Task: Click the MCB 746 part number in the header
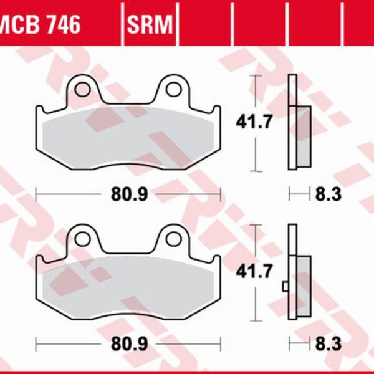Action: [x=41, y=25]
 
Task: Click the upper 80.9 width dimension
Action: [x=130, y=195]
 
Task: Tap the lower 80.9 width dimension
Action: [x=130, y=343]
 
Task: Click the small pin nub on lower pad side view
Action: [x=285, y=286]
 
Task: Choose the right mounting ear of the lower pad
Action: [x=173, y=237]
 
